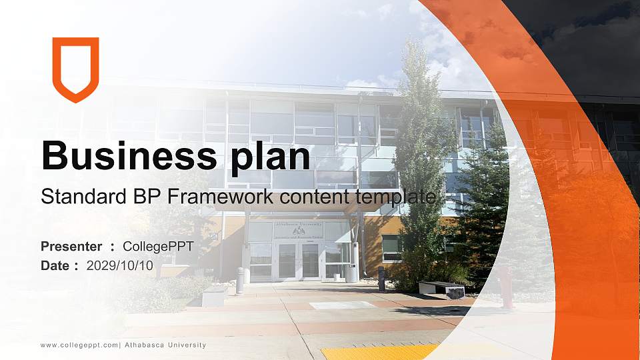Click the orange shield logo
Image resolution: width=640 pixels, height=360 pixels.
pos(75,69)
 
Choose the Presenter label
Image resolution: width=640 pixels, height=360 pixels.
pos(71,247)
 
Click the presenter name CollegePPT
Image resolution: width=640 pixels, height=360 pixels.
pos(158,247)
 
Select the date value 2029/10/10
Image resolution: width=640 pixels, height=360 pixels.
pos(120,265)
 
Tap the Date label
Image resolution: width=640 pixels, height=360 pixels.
pos(55,265)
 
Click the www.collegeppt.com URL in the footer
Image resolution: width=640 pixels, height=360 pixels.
pos(79,345)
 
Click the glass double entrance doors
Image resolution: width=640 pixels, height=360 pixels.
pos(298,260)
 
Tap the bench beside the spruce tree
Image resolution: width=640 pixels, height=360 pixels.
pos(441,289)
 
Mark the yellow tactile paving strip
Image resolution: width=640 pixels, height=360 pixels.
pos(380,352)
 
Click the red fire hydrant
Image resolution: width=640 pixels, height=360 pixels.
pos(507,287)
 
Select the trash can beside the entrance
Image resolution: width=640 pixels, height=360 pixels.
pos(351,273)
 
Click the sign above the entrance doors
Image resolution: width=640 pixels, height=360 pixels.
pos(298,230)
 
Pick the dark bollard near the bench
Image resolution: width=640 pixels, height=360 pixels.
pos(381,278)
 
